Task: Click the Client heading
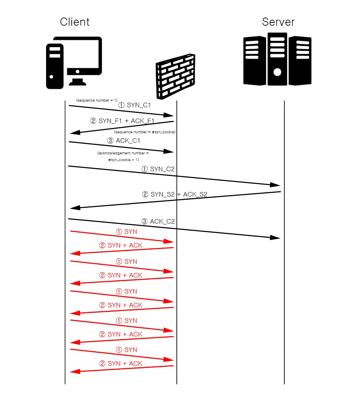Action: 75,22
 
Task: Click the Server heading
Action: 278,22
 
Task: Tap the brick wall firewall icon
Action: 175,76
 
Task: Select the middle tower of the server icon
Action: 277,59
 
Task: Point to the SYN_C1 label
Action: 134,105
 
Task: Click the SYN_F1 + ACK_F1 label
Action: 122,121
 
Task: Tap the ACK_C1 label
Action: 124,141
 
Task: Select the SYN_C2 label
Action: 158,169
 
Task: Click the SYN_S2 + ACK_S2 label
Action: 175,194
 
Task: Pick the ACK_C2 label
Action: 158,222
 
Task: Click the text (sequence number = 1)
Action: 97,100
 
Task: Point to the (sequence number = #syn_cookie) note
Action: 145,132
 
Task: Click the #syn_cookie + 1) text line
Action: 123,160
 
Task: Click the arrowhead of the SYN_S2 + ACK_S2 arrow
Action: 75,208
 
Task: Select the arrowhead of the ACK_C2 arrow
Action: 275,237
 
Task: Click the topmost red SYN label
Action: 127,232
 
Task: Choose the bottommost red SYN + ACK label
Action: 121,363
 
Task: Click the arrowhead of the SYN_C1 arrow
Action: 168,115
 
